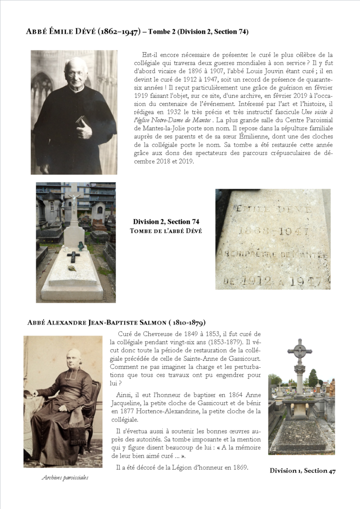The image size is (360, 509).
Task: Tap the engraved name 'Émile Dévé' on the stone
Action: [x=273, y=209]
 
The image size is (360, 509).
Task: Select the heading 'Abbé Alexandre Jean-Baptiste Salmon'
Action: [x=116, y=322]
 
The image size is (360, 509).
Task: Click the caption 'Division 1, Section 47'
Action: [x=303, y=470]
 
